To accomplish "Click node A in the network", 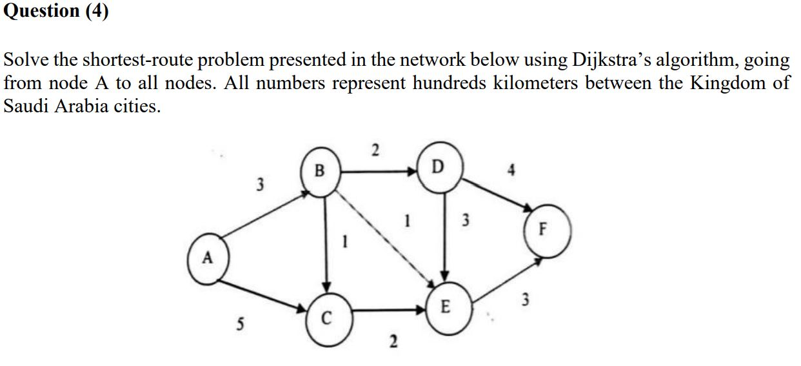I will [x=208, y=259].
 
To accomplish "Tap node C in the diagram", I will [x=327, y=316].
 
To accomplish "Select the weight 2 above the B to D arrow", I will [x=375, y=152].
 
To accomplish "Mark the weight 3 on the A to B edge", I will [x=260, y=185].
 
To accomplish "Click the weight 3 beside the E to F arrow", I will [x=526, y=299].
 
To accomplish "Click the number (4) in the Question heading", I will [x=95, y=12].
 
